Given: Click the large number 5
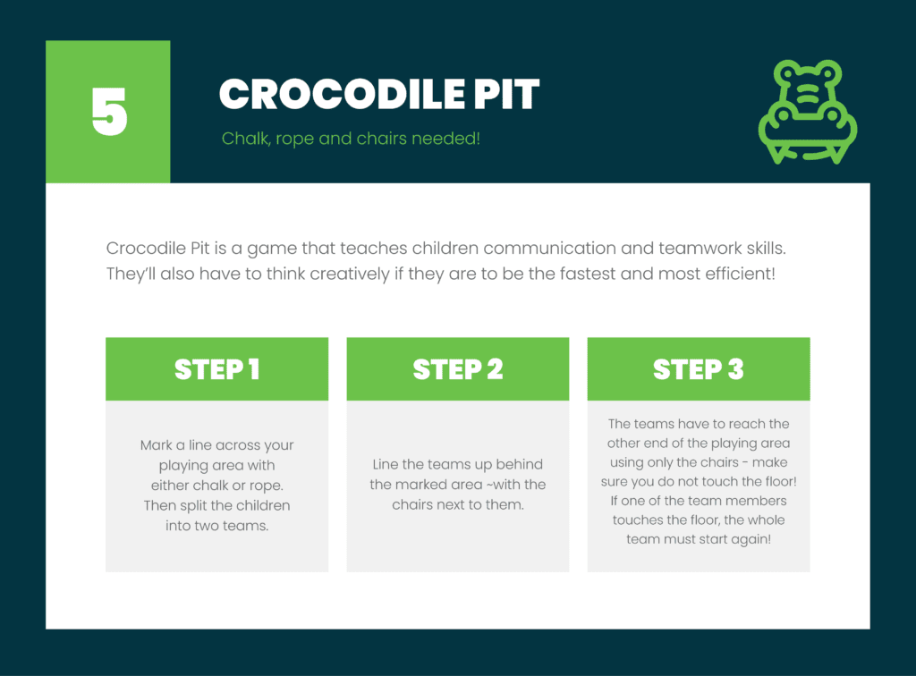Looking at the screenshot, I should [109, 112].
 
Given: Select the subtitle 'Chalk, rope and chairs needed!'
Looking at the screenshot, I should [351, 139].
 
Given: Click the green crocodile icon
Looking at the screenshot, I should [807, 112].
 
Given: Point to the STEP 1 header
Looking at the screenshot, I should [216, 369].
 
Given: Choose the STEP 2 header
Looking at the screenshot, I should [457, 369].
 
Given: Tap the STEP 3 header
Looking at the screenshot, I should [698, 369].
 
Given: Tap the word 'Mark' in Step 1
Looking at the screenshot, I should [157, 445].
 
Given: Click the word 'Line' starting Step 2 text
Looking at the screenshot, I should [386, 465].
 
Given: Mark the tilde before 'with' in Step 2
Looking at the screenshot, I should [494, 485].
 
